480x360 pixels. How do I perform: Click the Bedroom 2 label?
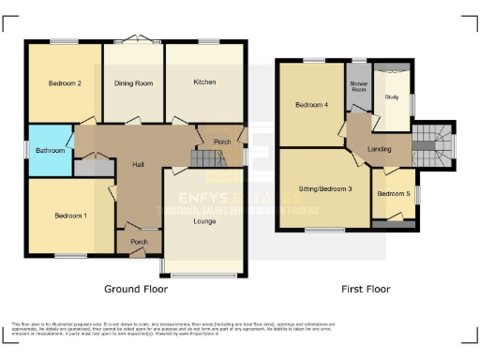(x=65, y=83)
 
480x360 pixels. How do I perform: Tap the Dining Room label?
(x=133, y=83)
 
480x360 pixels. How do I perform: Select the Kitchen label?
(x=204, y=82)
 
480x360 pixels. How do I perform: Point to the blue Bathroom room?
(x=50, y=150)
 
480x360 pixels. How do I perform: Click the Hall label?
(x=138, y=165)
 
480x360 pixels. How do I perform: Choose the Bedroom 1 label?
(x=70, y=217)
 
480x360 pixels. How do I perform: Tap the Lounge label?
(x=205, y=221)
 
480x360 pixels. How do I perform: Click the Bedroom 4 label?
(x=311, y=104)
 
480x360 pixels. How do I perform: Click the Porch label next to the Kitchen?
(x=222, y=142)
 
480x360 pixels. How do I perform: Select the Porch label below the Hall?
(x=138, y=241)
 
